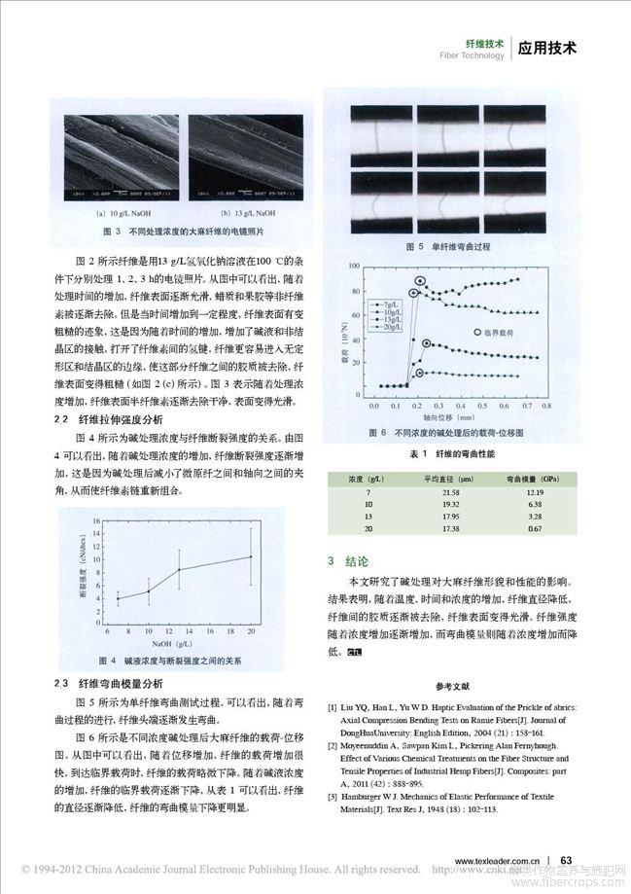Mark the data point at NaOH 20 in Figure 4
[251, 556]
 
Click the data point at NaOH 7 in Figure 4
[118, 599]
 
